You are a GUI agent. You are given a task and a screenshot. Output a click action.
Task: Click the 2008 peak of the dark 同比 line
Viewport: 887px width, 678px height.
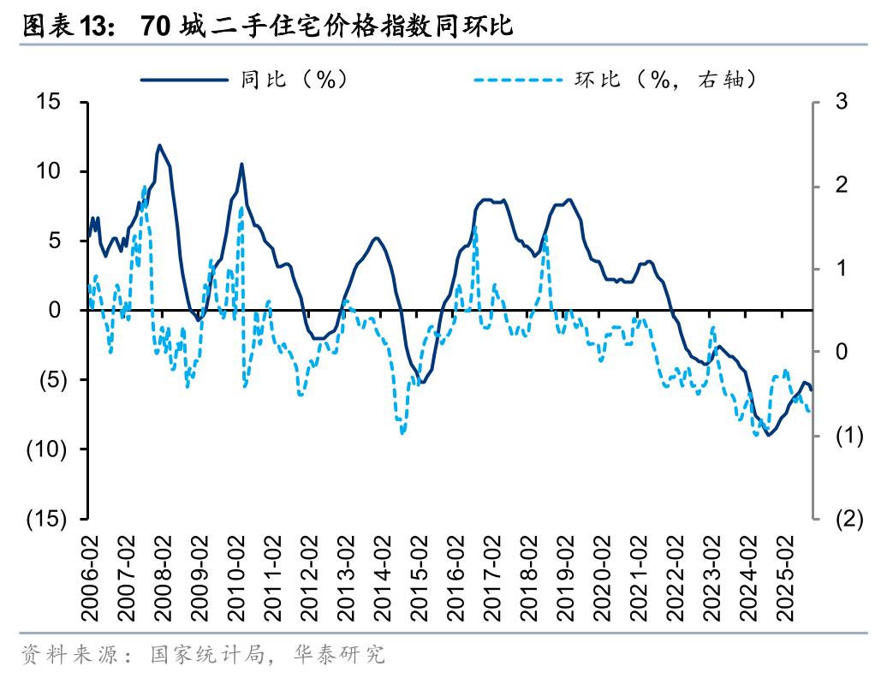point(159,146)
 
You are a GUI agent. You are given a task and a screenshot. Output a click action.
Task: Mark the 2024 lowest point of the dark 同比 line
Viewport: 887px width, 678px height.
point(769,435)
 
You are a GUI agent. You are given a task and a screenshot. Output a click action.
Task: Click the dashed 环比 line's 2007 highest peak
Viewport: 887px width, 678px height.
point(144,187)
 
